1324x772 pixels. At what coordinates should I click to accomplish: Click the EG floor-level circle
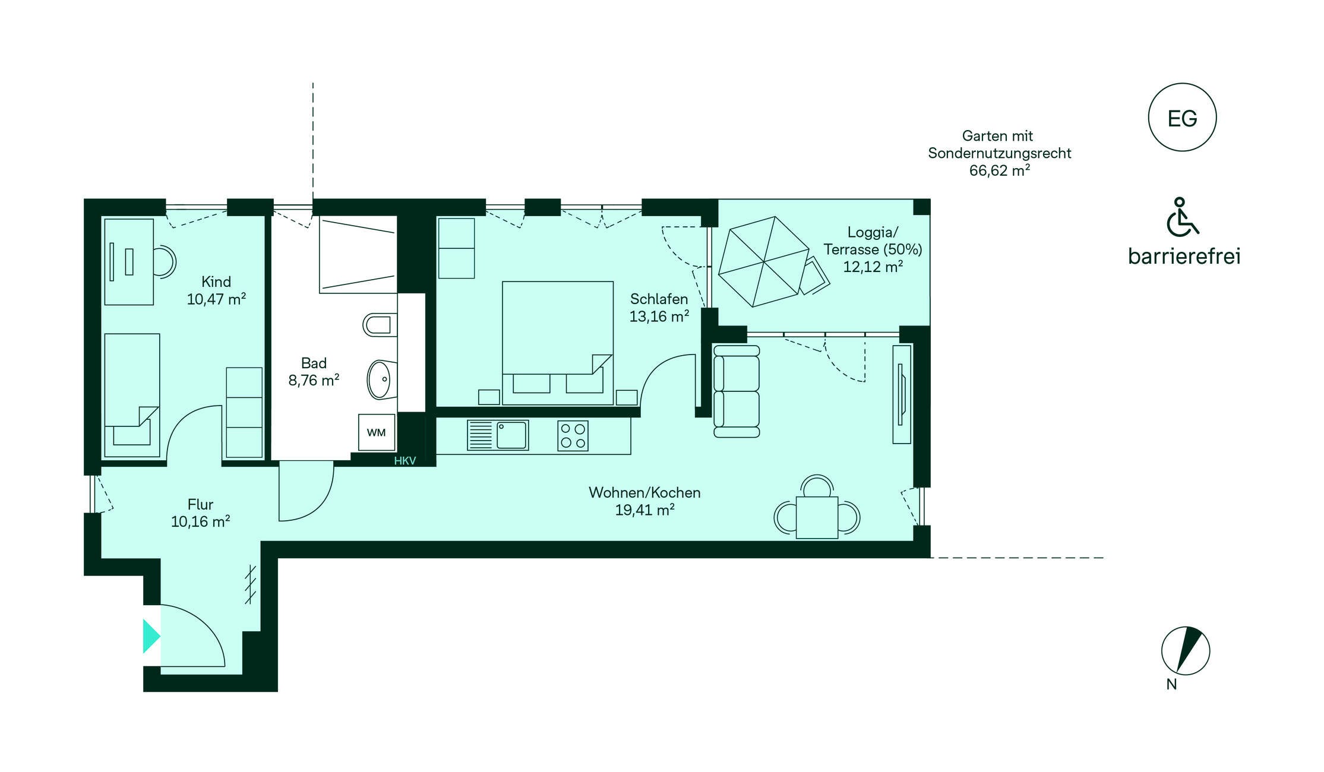pyautogui.click(x=1182, y=117)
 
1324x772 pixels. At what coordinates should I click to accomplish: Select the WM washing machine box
pyautogui.click(x=377, y=432)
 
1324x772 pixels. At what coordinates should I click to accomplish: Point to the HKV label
pyautogui.click(x=405, y=461)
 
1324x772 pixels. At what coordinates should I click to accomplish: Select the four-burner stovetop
pyautogui.click(x=573, y=435)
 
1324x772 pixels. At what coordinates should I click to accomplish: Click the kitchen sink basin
pyautogui.click(x=512, y=435)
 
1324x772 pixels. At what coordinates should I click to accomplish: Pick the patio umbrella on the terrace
pyautogui.click(x=764, y=261)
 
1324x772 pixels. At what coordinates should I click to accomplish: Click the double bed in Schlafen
pyautogui.click(x=558, y=343)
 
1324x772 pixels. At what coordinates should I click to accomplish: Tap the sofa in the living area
pyautogui.click(x=737, y=391)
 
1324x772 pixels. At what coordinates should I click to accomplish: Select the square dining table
pyautogui.click(x=817, y=517)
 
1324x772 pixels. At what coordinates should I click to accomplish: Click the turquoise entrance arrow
pyautogui.click(x=151, y=636)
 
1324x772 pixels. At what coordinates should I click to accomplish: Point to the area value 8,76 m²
pyautogui.click(x=314, y=380)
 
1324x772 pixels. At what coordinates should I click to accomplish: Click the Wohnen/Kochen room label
pyautogui.click(x=644, y=492)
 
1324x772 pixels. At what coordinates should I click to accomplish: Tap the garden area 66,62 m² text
pyautogui.click(x=1000, y=170)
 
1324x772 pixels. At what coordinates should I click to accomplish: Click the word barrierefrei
pyautogui.click(x=1184, y=256)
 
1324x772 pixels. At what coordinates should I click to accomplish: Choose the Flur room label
pyautogui.click(x=200, y=504)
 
